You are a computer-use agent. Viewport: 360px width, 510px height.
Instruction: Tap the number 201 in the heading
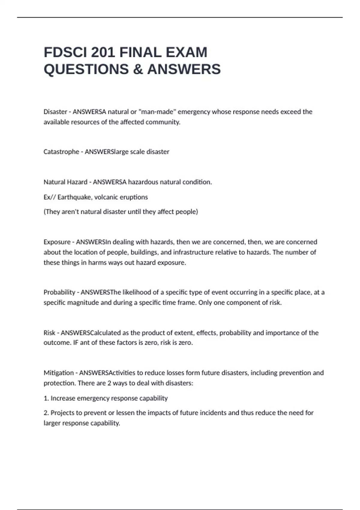tap(103, 52)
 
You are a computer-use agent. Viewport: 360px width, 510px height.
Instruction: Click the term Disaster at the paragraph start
tap(55, 112)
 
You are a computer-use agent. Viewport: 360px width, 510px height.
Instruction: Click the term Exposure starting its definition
tap(57, 242)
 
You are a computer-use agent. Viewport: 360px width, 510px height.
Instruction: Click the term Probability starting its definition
tap(59, 292)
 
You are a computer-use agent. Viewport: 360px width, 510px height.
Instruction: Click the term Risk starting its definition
tap(49, 333)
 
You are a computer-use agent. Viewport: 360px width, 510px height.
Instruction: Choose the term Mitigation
tap(58, 373)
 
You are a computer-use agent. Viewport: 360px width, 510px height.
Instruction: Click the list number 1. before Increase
tap(46, 398)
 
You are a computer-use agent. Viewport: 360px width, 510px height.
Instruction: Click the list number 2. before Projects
tap(46, 413)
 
